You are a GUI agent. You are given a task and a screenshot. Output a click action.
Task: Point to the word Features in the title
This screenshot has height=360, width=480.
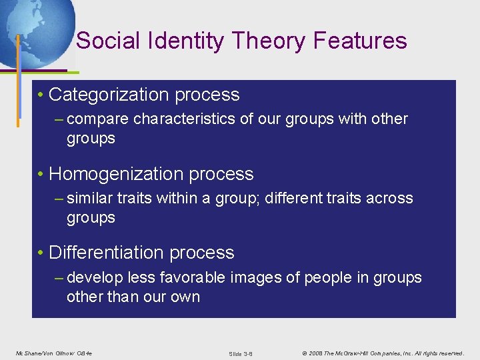pos(360,41)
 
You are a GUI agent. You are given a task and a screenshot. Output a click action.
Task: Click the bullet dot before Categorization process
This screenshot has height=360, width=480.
pos(41,95)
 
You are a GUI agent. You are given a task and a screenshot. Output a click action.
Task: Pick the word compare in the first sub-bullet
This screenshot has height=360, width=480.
pos(98,119)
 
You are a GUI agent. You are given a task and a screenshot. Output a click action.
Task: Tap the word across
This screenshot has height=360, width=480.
pos(392,198)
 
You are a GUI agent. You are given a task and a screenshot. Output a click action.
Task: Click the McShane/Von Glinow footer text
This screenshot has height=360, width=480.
pos(53,353)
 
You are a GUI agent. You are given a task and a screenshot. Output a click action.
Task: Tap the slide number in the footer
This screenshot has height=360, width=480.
pos(241,353)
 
